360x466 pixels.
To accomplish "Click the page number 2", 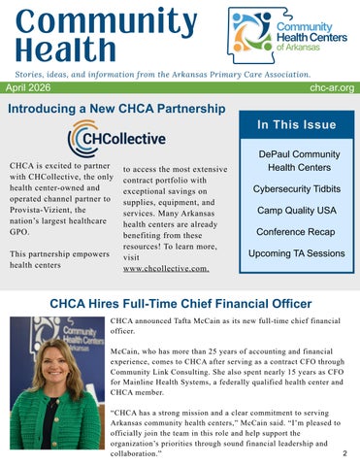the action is (345, 453).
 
